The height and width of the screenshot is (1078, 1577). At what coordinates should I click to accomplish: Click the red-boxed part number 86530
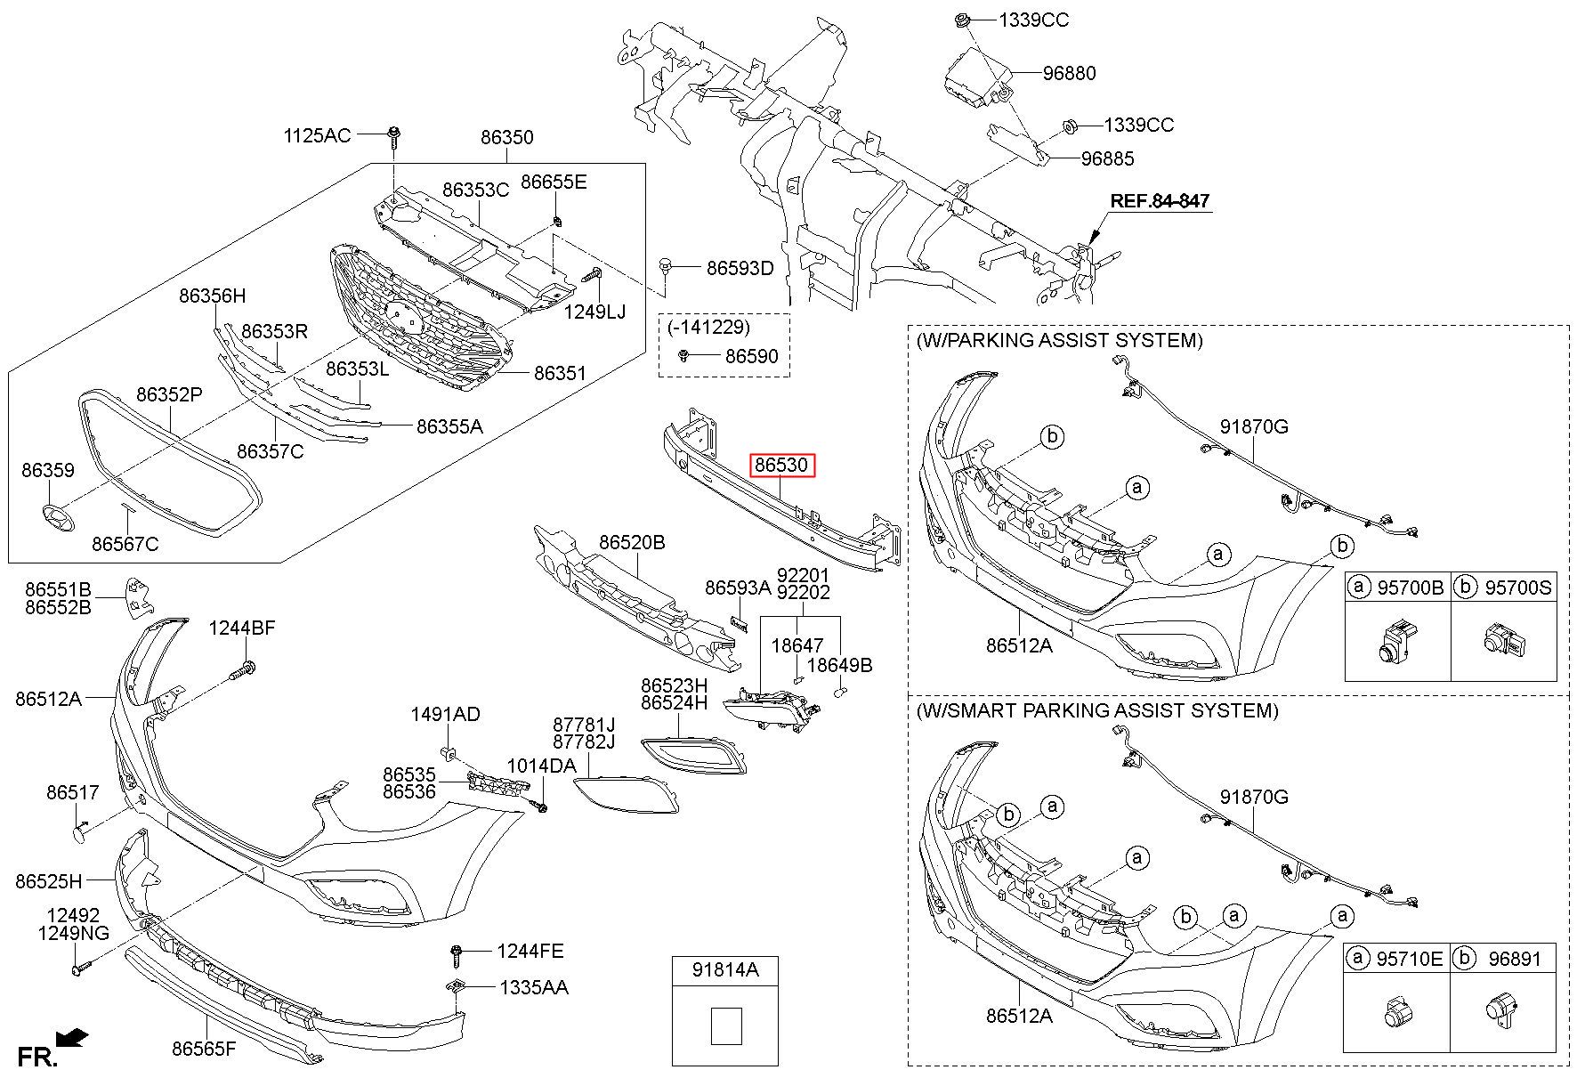click(x=781, y=465)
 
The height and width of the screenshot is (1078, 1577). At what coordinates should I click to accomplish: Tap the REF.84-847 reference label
click(x=1160, y=201)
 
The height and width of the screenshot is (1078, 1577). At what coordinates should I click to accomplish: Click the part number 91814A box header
click(x=725, y=970)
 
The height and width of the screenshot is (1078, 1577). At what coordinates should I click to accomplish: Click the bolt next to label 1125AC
click(x=393, y=140)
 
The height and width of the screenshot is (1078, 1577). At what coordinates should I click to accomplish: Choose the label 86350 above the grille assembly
click(x=507, y=137)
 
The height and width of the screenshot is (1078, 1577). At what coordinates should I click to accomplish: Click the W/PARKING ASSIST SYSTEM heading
click(x=1059, y=340)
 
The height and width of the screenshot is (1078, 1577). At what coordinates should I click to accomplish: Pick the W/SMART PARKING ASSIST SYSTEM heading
click(x=1096, y=710)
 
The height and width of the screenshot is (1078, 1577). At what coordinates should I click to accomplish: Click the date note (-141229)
click(x=708, y=328)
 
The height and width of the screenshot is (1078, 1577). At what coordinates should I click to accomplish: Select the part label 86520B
click(x=632, y=542)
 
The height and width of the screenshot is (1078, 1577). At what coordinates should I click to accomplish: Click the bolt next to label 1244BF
click(x=244, y=669)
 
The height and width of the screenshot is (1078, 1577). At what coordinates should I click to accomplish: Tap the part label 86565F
click(x=205, y=1048)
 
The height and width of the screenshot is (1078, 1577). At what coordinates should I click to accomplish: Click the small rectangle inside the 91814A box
click(x=726, y=1025)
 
